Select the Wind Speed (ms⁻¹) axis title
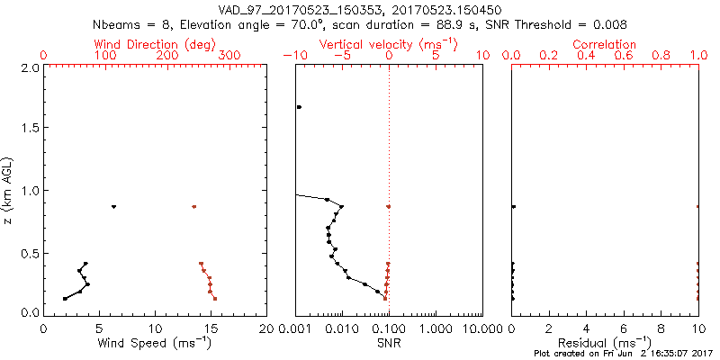[x=156, y=343]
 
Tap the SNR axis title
[x=389, y=343]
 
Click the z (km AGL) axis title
[x=12, y=189]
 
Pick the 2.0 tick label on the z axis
[x=30, y=67]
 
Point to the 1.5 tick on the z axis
[x=30, y=129]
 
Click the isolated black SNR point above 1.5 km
[x=299, y=107]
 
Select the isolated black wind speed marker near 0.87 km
[x=113, y=207]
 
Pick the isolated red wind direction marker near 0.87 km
[x=193, y=207]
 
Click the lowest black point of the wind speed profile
[x=65, y=298]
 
